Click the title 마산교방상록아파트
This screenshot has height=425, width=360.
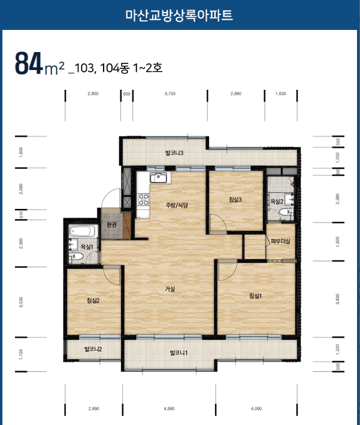click(x=179, y=15)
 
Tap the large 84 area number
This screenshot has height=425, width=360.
click(x=29, y=63)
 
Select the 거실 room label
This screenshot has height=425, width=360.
click(x=170, y=289)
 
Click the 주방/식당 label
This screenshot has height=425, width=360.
click(x=177, y=205)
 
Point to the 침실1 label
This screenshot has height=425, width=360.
click(x=255, y=296)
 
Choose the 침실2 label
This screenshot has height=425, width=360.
click(x=93, y=300)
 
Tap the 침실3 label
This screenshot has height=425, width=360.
click(x=235, y=200)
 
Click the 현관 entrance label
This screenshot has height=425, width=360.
click(x=111, y=224)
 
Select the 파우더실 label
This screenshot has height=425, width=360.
click(x=280, y=241)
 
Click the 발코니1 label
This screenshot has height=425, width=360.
click(x=179, y=353)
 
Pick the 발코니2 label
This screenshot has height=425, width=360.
click(x=93, y=349)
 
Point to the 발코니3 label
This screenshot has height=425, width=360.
click(x=174, y=153)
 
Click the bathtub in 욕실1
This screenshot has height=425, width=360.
click(x=82, y=231)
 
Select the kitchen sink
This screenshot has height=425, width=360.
click(x=159, y=178)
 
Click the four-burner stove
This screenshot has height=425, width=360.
click(x=144, y=199)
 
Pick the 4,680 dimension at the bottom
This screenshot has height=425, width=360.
click(x=170, y=408)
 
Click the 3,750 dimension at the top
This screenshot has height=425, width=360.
click(x=170, y=93)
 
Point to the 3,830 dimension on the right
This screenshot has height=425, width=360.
click(x=337, y=299)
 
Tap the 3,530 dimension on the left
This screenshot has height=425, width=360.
click(x=21, y=302)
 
